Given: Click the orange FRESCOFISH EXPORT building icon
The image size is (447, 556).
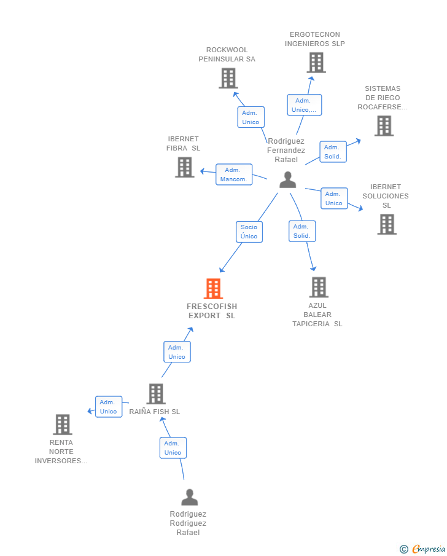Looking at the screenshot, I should [x=213, y=288].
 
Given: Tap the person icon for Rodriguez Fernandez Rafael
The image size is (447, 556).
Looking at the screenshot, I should [x=287, y=180].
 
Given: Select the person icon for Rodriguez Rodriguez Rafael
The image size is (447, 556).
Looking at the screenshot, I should [x=190, y=497].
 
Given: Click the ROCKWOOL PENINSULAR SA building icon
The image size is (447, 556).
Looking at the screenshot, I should [x=228, y=78].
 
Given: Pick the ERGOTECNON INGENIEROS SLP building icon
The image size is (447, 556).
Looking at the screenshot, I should [x=316, y=63].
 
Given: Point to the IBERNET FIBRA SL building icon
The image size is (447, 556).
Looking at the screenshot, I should [x=184, y=167].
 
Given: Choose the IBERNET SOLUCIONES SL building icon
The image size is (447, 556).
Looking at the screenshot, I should [x=387, y=224].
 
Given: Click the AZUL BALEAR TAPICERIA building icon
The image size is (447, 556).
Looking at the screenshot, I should [x=318, y=287].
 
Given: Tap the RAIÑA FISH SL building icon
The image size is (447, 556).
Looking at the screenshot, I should [x=156, y=394].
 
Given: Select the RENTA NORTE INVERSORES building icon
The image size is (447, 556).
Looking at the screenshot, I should [x=62, y=425].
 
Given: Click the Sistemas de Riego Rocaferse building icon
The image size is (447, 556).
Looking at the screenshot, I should [x=384, y=126].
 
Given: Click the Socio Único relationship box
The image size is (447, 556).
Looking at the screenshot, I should [x=249, y=232].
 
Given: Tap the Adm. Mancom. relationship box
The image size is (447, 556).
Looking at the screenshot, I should [x=234, y=174].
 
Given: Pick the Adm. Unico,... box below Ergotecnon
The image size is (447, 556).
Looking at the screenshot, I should [x=304, y=105].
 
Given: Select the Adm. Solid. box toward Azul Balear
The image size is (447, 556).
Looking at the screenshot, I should [x=301, y=231].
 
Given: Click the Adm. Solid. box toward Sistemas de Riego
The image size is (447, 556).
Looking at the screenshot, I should [x=333, y=152].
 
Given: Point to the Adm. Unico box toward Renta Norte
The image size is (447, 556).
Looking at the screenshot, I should [x=109, y=407].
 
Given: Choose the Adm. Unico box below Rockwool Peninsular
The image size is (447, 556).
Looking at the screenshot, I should [x=251, y=117].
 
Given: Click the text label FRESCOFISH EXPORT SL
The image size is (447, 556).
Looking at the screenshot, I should [x=212, y=311].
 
